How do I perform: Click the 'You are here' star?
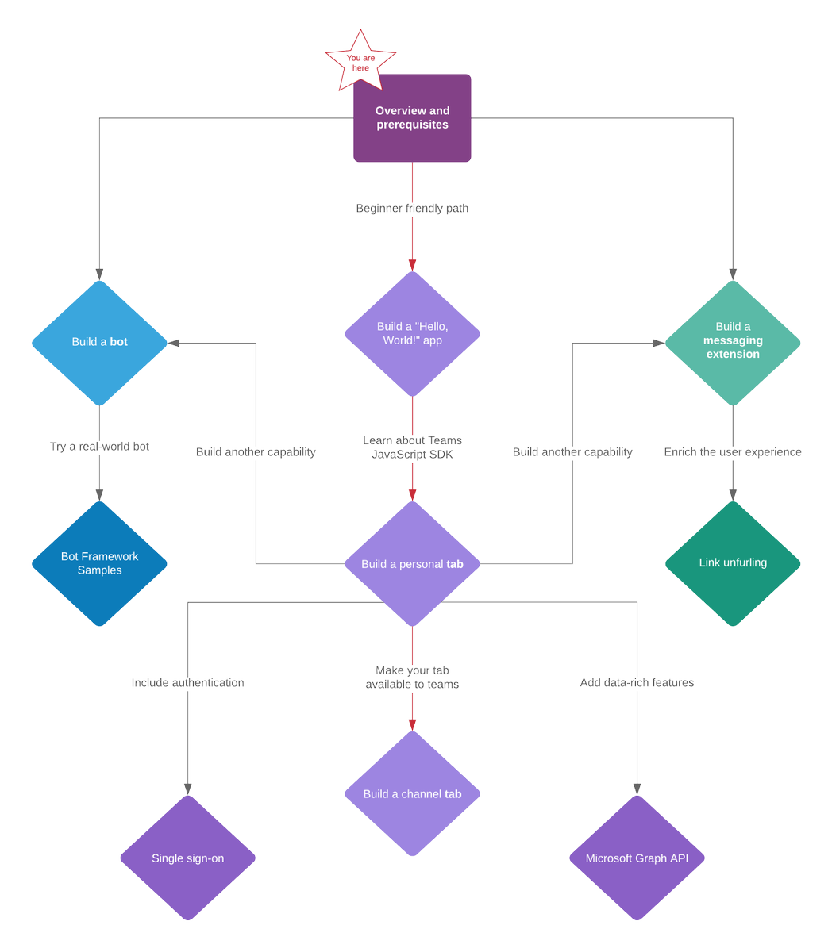pos(360,62)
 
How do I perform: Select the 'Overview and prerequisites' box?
pos(412,117)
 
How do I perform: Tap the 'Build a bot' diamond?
pos(99,343)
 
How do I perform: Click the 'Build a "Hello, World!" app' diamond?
pos(412,334)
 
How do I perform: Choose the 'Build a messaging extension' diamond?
pos(733,343)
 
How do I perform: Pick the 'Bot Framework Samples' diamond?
pos(99,563)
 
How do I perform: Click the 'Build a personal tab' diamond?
pos(412,563)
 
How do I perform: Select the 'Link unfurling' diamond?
pos(733,563)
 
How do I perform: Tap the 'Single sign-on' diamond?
pos(187,858)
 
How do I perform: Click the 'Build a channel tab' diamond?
pos(412,793)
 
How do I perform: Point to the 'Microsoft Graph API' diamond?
pos(637,858)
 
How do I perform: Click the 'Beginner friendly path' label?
pos(412,208)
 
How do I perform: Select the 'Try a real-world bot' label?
pos(99,446)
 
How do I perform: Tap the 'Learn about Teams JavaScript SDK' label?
pos(412,447)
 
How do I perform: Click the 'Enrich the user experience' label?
pos(733,452)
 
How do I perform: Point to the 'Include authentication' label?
pos(187,682)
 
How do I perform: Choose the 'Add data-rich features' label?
pos(637,682)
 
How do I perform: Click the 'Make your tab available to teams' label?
pos(412,677)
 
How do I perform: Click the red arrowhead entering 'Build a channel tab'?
pos(412,725)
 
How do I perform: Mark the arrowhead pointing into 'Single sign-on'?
pos(187,789)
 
